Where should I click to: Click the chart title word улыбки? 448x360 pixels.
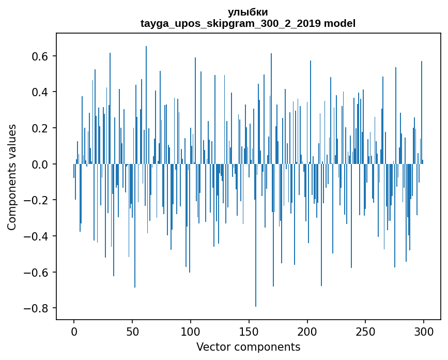coord(248,12)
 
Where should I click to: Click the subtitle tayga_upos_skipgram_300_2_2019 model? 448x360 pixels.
coord(248,23)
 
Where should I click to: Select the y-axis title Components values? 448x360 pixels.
coord(12,177)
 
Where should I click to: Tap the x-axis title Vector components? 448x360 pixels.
coord(248,347)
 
